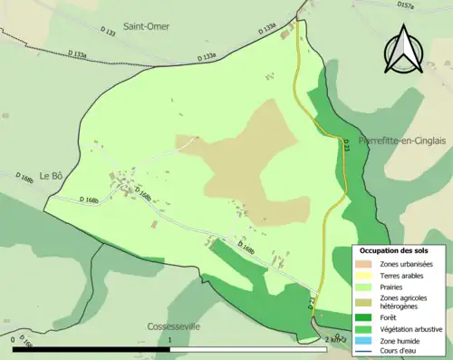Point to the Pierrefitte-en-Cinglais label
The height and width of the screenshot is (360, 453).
[405, 141]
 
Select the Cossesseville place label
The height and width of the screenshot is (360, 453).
[173, 326]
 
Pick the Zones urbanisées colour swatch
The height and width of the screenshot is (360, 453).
[366, 263]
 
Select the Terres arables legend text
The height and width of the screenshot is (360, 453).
[403, 275]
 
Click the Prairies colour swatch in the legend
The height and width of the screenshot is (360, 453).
[366, 287]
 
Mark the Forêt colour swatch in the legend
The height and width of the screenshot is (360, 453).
[366, 318]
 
